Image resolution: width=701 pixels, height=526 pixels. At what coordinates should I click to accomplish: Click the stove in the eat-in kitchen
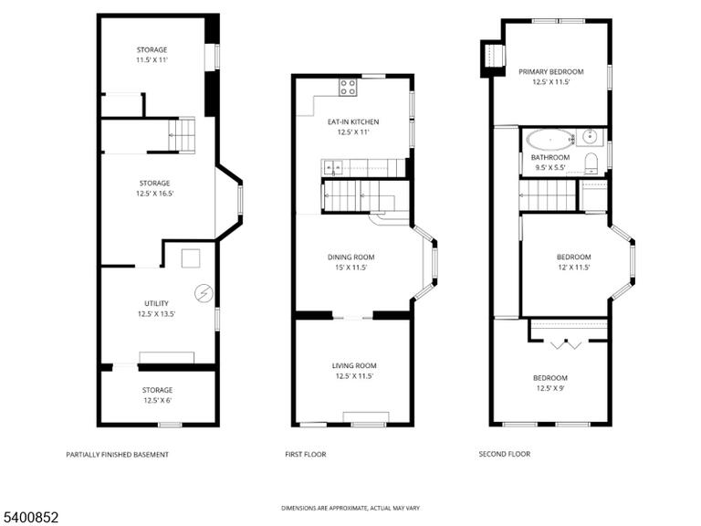tap(348, 88)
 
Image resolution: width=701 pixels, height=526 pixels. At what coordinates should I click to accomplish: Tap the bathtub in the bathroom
tap(550, 139)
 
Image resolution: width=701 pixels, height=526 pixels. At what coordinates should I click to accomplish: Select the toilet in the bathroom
tap(591, 163)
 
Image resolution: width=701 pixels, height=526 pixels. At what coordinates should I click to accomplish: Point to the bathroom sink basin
tap(590, 136)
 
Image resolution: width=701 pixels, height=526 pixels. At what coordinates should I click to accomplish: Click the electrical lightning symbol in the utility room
tap(204, 294)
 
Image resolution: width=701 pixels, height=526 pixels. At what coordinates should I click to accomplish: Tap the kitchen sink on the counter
tap(332, 168)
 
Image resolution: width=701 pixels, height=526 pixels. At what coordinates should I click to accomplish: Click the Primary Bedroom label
tap(550, 71)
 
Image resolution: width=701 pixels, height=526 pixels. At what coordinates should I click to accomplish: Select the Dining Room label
tap(350, 258)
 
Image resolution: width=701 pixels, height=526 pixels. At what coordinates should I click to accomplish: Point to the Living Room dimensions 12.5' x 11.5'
tap(354, 376)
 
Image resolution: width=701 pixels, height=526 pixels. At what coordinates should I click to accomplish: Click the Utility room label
tap(156, 303)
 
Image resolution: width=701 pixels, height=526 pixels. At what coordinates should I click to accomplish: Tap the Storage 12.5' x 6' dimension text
tap(157, 400)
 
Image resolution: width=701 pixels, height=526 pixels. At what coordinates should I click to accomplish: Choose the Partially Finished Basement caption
tap(117, 455)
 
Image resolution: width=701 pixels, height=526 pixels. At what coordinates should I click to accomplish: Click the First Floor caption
tap(306, 454)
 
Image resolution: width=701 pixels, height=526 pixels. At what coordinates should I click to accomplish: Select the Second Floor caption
tap(504, 454)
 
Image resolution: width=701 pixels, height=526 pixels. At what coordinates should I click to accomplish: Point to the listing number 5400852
tap(29, 518)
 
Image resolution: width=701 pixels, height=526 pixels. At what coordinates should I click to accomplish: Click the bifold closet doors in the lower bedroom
tap(566, 344)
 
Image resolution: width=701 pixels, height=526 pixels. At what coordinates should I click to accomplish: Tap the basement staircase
tap(182, 135)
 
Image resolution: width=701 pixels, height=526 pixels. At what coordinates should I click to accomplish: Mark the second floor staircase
tap(548, 195)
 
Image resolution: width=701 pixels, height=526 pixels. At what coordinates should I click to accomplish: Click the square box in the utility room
tap(191, 258)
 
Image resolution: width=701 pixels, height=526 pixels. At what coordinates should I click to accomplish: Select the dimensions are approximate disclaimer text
tap(350, 508)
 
